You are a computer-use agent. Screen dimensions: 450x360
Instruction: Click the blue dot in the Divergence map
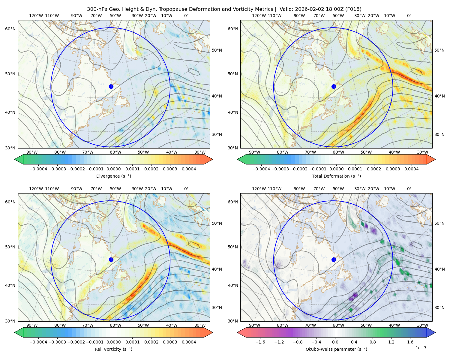point(111,87)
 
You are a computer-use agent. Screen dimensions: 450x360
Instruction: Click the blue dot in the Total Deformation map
point(334,87)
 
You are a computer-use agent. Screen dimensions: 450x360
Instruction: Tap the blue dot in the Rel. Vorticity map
point(111,259)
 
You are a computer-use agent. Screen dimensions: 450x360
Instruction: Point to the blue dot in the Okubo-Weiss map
point(334,259)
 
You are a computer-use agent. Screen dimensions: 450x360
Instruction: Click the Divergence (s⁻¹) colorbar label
point(113,176)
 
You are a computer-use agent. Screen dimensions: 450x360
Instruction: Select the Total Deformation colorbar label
point(336,176)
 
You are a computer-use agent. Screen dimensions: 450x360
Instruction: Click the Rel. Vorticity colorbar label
point(113,349)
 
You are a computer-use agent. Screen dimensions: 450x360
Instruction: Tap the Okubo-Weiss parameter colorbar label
point(336,349)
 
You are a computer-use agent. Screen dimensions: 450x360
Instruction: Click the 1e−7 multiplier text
point(421,348)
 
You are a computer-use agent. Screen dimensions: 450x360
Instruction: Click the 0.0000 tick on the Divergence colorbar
point(113,169)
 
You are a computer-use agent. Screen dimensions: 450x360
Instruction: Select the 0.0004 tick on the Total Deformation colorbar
point(412,169)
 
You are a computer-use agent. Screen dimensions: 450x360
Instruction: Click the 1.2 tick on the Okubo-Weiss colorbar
point(391,342)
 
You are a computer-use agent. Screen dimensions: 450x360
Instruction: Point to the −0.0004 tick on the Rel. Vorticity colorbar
point(38,342)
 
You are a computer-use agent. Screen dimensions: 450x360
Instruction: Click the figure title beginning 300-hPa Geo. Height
point(224,9)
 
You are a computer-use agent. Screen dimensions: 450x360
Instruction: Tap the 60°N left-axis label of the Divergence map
point(10,29)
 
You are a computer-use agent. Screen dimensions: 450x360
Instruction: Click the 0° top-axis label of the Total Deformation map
point(409,16)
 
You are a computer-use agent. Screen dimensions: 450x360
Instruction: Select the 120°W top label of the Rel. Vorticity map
point(36,189)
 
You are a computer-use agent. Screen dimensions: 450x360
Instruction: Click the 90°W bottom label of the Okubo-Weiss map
point(254,325)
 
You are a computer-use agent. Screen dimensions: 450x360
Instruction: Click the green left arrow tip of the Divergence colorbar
point(15,159)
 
